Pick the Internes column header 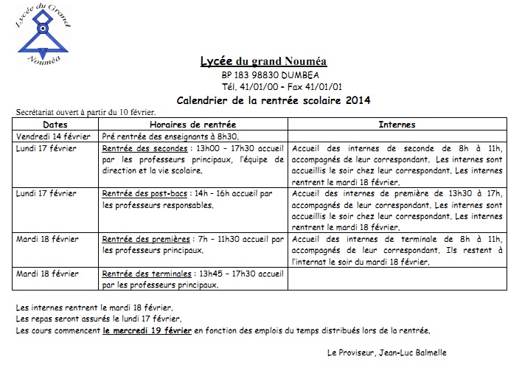click(397, 125)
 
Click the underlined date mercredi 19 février click(147, 330)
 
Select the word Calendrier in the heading click(203, 100)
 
